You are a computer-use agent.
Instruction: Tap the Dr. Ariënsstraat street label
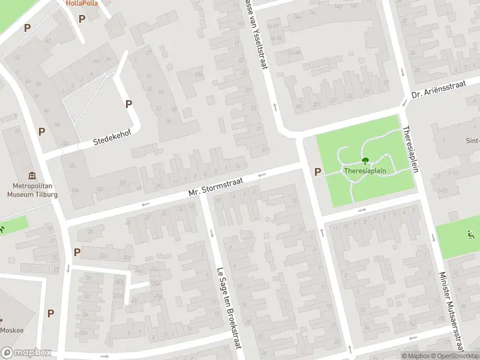click(x=439, y=91)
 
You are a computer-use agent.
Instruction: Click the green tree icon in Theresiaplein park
click(x=365, y=161)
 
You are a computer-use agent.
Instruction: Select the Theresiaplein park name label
click(x=365, y=170)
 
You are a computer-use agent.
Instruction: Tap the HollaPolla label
click(x=82, y=3)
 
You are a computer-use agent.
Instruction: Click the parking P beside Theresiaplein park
click(x=317, y=172)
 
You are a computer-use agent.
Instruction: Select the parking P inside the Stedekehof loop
click(x=128, y=104)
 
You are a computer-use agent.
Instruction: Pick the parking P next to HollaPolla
click(x=82, y=19)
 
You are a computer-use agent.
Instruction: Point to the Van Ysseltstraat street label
click(x=256, y=33)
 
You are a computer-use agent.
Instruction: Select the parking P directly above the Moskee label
click(x=50, y=313)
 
